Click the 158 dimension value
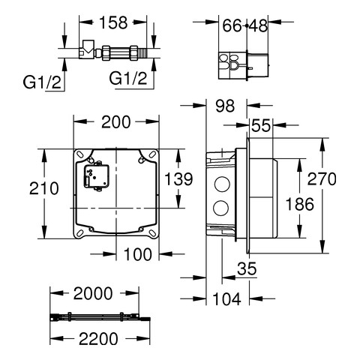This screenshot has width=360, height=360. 113,22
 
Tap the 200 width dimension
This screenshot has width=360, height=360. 116,122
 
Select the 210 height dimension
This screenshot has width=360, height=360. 44,188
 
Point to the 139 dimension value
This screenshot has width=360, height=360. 178,179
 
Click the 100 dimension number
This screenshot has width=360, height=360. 138,254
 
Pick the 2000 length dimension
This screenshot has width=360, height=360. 93,293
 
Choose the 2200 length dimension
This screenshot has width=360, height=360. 98,339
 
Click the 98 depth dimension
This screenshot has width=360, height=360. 225,106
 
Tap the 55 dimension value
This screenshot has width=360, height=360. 261,125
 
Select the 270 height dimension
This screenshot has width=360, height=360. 322,179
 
